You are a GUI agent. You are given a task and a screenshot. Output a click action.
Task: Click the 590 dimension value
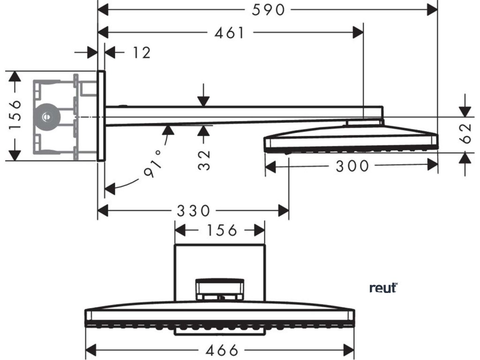coord(268,9)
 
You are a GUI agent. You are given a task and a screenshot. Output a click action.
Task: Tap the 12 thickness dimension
coord(141,52)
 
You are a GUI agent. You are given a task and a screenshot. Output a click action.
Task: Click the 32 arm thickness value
coord(203,159)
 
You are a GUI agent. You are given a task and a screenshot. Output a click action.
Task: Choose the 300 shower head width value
coord(352,165)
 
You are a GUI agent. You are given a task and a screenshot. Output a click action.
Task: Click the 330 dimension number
coord(193,211)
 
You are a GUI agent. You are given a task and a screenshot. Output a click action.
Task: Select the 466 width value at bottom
coord(221,350)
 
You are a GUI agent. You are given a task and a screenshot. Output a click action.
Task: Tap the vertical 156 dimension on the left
coord(15,115)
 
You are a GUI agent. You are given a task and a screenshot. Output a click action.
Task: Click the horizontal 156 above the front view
coord(220,230)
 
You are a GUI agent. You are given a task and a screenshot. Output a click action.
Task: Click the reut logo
coord(383,288)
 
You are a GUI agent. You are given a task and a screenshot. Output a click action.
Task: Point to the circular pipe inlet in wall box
coord(47,115)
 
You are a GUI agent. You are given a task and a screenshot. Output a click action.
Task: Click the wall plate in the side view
coord(101,116)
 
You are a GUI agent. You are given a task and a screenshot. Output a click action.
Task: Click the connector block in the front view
coord(220,288)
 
